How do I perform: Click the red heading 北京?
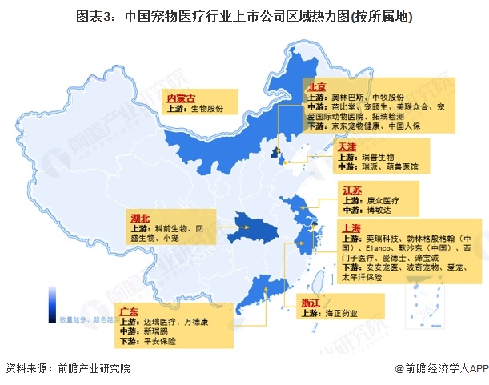pos(316,86)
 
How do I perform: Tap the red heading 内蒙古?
pos(180,97)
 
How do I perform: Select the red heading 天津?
pos(346,147)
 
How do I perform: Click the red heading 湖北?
pos(140,218)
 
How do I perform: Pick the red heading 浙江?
pos(311,303)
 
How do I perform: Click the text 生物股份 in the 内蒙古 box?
pos(206,108)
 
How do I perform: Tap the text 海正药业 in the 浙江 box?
pos(340,314)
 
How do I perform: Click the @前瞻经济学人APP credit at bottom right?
pos(440,369)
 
